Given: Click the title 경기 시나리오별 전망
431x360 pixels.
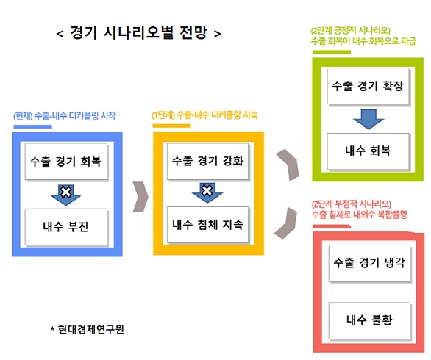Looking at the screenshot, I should pyautogui.click(x=138, y=33).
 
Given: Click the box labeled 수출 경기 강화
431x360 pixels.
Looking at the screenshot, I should pyautogui.click(x=207, y=160).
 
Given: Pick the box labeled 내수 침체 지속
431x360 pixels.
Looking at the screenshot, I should pyautogui.click(x=207, y=223).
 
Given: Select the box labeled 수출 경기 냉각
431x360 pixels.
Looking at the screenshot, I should pyautogui.click(x=368, y=262).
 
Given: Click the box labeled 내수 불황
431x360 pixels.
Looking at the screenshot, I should pyautogui.click(x=368, y=320).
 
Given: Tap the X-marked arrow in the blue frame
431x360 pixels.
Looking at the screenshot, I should pyautogui.click(x=66, y=192).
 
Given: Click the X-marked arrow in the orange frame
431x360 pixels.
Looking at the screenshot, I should pyautogui.click(x=207, y=192).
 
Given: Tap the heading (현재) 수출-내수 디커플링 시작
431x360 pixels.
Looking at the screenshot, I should pyautogui.click(x=65, y=116).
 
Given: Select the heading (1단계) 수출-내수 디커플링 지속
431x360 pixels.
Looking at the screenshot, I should pyautogui.click(x=205, y=115).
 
